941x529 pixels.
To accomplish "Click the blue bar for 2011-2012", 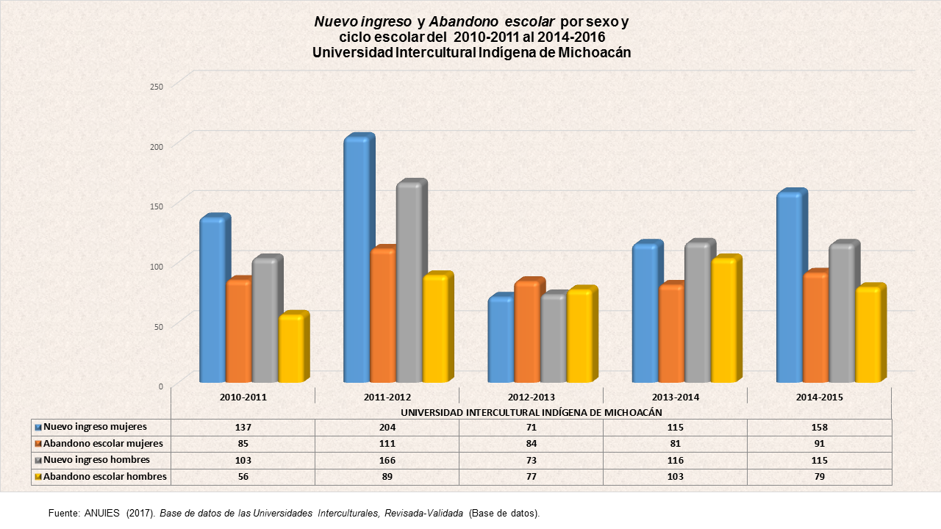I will (357, 261).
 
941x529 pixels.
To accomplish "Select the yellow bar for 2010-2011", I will (290, 349).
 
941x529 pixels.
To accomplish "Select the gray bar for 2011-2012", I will (409, 283).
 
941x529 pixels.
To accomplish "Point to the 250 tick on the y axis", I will (155, 86).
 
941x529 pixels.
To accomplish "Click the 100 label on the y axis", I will (155, 265).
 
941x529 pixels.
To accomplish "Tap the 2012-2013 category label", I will (531, 397).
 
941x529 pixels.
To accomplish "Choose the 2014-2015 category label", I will (819, 397).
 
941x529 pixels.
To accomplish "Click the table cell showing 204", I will (387, 428).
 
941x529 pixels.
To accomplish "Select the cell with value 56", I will (243, 477).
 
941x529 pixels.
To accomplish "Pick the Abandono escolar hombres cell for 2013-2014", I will (675, 477).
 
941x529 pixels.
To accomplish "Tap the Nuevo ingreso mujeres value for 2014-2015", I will (819, 428).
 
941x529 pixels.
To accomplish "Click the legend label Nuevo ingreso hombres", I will (96, 460).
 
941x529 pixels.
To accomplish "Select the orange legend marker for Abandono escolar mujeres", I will (37, 444).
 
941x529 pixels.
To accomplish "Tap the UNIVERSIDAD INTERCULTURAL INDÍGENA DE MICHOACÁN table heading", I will (531, 412).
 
